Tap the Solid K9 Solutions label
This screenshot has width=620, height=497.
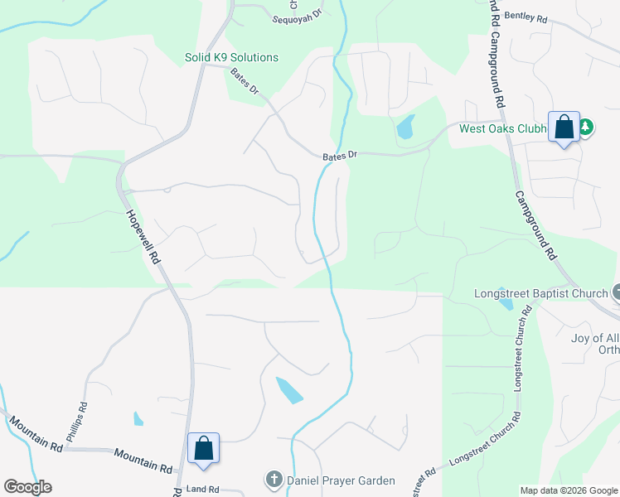point(231,57)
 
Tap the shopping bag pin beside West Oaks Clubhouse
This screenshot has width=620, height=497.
point(564,128)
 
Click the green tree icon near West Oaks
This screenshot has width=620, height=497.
point(587,127)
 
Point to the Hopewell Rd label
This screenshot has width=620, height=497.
point(142,236)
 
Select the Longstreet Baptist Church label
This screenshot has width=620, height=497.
point(540,293)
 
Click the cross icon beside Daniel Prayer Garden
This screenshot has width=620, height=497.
point(274,479)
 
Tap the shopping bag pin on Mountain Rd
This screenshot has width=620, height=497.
point(204,448)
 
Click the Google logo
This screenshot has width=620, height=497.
point(27,487)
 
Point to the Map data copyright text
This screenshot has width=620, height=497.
point(568,490)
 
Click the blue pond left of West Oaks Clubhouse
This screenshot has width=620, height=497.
point(405,127)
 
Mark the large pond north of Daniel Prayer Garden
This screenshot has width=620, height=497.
point(289,389)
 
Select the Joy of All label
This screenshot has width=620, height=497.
point(595,338)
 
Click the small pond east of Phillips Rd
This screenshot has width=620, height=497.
point(138,419)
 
